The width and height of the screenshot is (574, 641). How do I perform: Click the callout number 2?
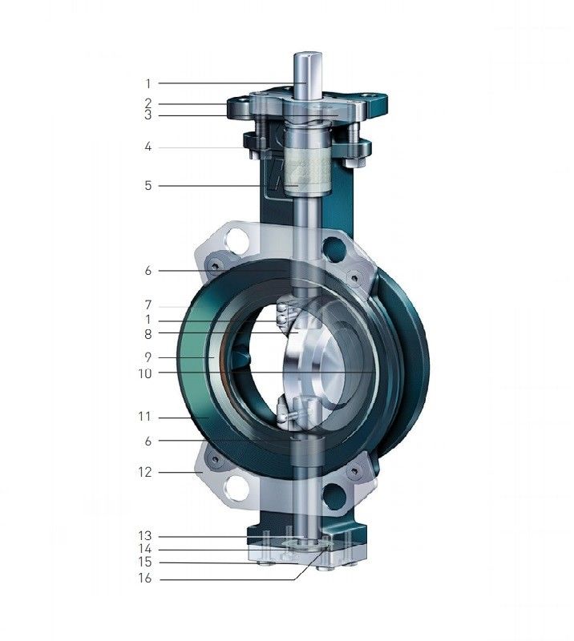(x=148, y=103)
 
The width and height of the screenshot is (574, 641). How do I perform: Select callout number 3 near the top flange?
(x=148, y=115)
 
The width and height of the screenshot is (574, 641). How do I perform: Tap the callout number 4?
(x=148, y=147)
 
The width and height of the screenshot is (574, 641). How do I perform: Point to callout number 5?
(x=148, y=186)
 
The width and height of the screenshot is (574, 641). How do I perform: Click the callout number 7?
(x=148, y=305)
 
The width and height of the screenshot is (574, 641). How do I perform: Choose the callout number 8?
(x=148, y=333)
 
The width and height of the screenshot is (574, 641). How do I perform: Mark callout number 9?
(x=148, y=357)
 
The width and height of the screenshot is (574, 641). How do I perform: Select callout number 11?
(x=147, y=417)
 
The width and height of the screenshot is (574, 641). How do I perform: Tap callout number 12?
(x=147, y=473)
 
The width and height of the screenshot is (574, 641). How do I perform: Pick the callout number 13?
(x=147, y=535)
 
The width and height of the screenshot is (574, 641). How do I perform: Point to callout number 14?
(x=147, y=550)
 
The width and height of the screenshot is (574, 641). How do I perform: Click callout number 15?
(x=147, y=563)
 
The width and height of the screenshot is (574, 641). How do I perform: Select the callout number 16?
(x=147, y=579)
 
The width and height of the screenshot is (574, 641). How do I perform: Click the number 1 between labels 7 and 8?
(x=148, y=320)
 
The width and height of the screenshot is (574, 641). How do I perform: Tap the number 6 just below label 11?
(x=148, y=441)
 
